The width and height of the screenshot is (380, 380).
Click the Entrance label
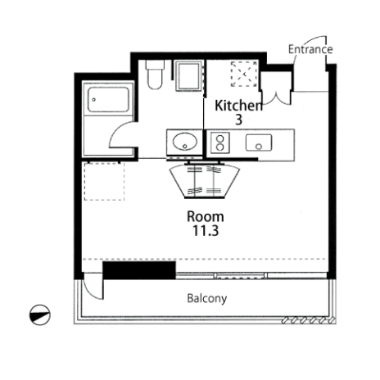[x=310, y=49]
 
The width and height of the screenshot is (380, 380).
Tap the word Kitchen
[x=238, y=106]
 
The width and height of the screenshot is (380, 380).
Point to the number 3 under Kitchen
[x=238, y=120]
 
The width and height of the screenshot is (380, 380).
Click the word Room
[x=206, y=217]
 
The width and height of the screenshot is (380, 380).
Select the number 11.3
[x=206, y=231]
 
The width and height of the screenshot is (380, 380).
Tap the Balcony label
[x=207, y=299]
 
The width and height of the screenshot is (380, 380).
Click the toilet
[x=155, y=75]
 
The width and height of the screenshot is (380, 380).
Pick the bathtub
[x=108, y=100]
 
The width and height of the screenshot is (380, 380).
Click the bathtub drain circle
[x=94, y=100]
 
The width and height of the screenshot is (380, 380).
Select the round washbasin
[x=185, y=142]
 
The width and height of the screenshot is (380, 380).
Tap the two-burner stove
[x=219, y=142]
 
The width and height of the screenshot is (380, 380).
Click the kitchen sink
[x=259, y=142]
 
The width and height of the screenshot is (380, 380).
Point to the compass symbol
[x=40, y=314]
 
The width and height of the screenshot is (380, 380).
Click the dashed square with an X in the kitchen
[x=244, y=74]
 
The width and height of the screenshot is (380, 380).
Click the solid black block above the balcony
[x=139, y=270]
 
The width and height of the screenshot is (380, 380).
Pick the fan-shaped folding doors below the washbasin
[x=205, y=181]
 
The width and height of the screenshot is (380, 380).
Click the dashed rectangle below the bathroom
[x=104, y=182]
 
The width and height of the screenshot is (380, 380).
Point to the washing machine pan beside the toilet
[x=188, y=75]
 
